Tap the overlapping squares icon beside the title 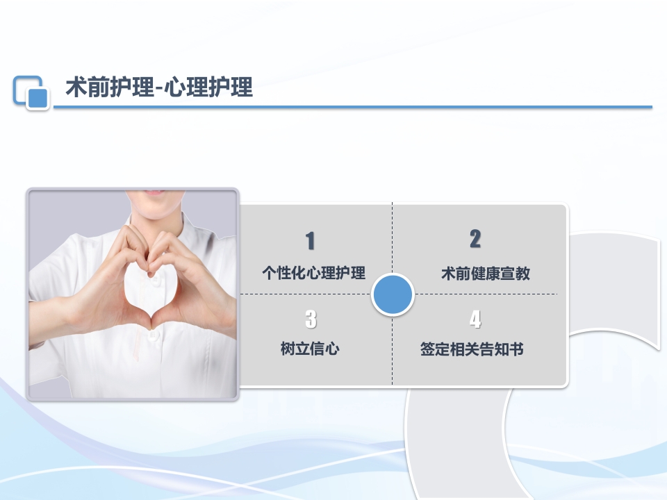tap(31, 92)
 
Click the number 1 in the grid tap(311, 241)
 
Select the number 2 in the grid tap(475, 239)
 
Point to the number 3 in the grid tap(311, 319)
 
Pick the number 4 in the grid tap(475, 319)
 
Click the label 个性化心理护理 tap(313, 273)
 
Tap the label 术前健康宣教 tap(486, 274)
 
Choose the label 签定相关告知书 tap(472, 349)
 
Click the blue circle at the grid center tap(393, 294)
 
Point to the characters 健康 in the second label tap(486, 274)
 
